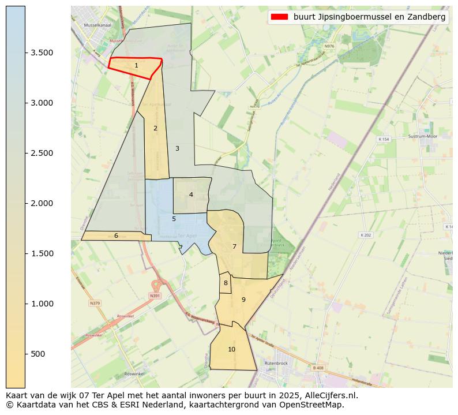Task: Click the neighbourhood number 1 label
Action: tap(136, 66)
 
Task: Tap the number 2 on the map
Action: tap(155, 128)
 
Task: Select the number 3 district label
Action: tap(177, 148)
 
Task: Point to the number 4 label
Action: tap(191, 195)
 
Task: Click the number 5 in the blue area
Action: tap(174, 219)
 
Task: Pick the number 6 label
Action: tap(116, 235)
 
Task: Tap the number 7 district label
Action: tap(234, 246)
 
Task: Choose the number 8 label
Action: tap(226, 283)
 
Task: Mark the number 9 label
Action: tap(243, 300)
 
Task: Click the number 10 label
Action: tap(231, 349)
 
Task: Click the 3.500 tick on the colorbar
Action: tap(42, 53)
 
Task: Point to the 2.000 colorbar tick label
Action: tap(42, 203)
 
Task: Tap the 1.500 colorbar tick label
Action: tap(42, 253)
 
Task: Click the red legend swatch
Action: tap(280, 17)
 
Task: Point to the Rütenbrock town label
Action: tap(276, 363)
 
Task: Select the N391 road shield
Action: tap(154, 296)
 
